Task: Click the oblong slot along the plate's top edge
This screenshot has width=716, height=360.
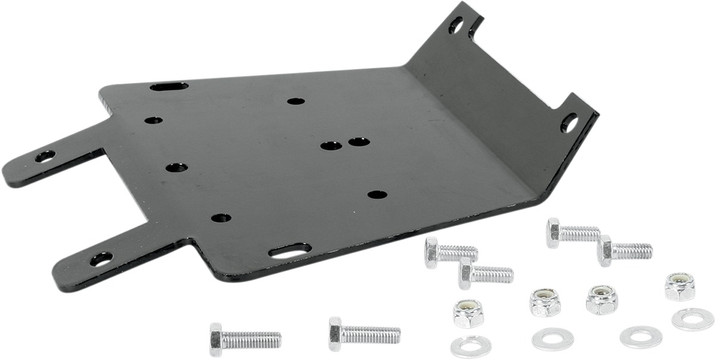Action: click(169, 87)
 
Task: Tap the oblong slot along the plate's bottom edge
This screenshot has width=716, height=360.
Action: click(290, 251)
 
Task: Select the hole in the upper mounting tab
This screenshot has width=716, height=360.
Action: click(45, 156)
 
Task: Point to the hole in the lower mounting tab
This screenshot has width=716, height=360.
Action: click(101, 259)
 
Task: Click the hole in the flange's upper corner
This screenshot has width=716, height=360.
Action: click(455, 25)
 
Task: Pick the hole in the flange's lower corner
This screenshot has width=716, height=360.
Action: click(569, 123)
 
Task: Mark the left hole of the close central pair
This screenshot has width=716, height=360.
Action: click(331, 145)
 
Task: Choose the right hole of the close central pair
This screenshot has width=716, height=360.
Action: click(358, 142)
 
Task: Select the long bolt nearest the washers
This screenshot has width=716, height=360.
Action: click(364, 333)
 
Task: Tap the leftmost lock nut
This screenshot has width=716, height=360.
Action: click(468, 313)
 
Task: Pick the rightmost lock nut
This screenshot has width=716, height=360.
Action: click(680, 287)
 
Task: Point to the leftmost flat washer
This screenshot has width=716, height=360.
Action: click(471, 346)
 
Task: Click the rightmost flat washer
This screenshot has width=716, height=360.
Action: click(692, 319)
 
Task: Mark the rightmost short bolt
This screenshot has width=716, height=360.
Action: click(624, 250)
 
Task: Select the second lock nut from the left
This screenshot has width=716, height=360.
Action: click(545, 302)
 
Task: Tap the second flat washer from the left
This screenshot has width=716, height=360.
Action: click(553, 339)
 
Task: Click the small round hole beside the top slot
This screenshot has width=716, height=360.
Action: click(153, 120)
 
